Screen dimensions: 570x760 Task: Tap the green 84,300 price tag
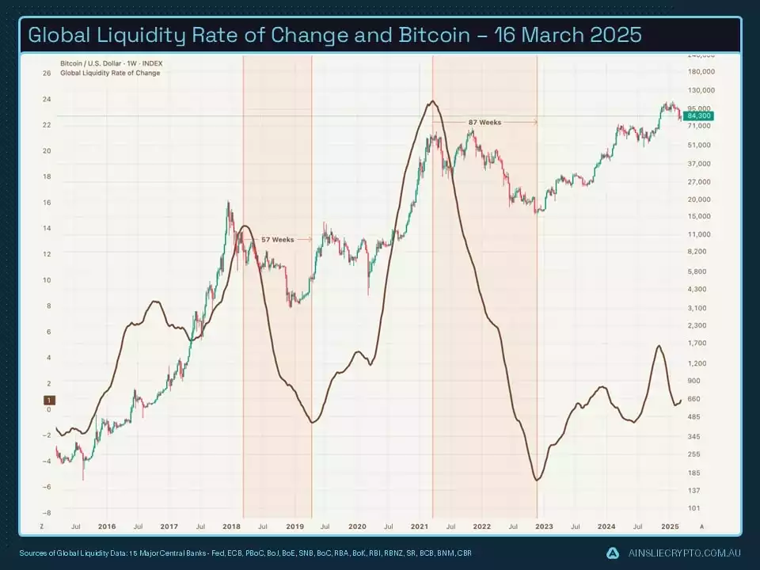click(x=699, y=116)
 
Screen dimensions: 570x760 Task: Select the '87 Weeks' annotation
click(x=484, y=123)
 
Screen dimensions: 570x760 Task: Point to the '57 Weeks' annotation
click(x=277, y=239)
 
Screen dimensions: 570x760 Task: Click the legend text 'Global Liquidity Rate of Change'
click(x=110, y=73)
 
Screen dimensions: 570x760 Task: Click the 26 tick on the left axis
click(x=47, y=74)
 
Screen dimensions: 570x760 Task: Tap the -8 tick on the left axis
click(x=46, y=513)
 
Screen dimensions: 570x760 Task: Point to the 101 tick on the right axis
click(x=693, y=508)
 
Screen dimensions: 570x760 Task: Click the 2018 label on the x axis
click(x=232, y=526)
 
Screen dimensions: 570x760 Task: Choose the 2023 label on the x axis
click(x=545, y=526)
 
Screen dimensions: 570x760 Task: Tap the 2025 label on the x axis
click(x=670, y=526)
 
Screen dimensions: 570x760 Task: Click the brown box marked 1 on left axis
click(x=48, y=401)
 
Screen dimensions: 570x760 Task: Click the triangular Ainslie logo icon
click(x=613, y=553)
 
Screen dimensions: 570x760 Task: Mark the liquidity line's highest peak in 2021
click(x=431, y=101)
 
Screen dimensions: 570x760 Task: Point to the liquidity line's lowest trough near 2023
click(x=538, y=480)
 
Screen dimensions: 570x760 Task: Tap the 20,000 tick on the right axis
click(x=697, y=199)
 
